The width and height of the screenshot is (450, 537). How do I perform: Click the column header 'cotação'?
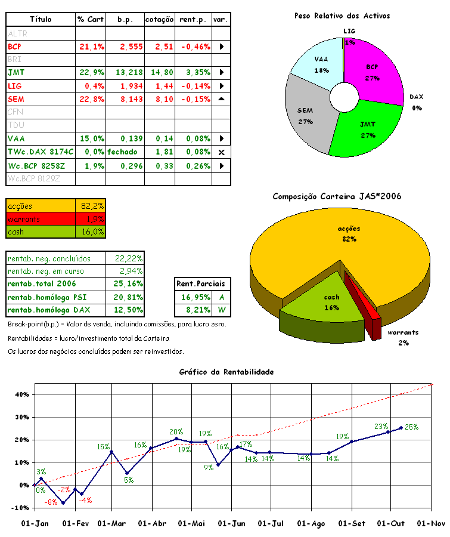160,20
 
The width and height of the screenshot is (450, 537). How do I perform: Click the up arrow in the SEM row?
221,98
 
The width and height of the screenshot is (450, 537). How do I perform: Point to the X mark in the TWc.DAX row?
221,152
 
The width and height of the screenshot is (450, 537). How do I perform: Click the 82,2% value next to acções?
91,206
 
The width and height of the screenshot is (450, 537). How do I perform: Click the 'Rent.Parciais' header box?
203,284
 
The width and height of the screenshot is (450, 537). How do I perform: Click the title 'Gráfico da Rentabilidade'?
226,372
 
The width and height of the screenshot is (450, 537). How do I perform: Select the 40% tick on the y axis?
21,394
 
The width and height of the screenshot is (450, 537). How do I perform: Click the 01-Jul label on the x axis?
271,523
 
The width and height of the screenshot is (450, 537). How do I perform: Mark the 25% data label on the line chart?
412,427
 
